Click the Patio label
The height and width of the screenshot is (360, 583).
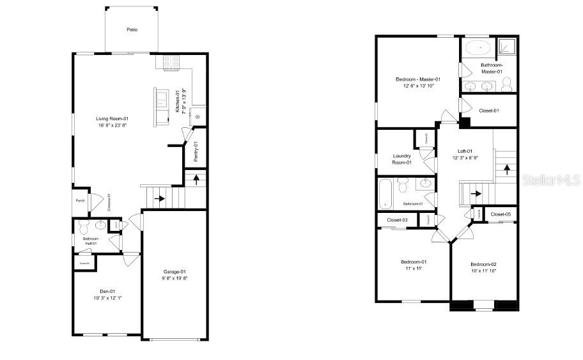[x=132, y=29]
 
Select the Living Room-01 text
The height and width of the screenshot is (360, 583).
[x=113, y=118]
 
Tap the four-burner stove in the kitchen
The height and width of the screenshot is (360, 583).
[x=172, y=63]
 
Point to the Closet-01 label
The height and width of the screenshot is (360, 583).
[x=489, y=111]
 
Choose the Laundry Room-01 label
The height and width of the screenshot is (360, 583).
[x=402, y=159]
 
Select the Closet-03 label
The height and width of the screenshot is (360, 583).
[x=397, y=220]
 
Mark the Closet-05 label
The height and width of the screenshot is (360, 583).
[x=501, y=214]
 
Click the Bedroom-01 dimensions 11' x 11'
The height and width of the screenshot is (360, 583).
[x=414, y=269]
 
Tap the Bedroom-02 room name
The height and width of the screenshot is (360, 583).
[x=483, y=264]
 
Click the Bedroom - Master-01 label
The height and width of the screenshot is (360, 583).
[x=417, y=79]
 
